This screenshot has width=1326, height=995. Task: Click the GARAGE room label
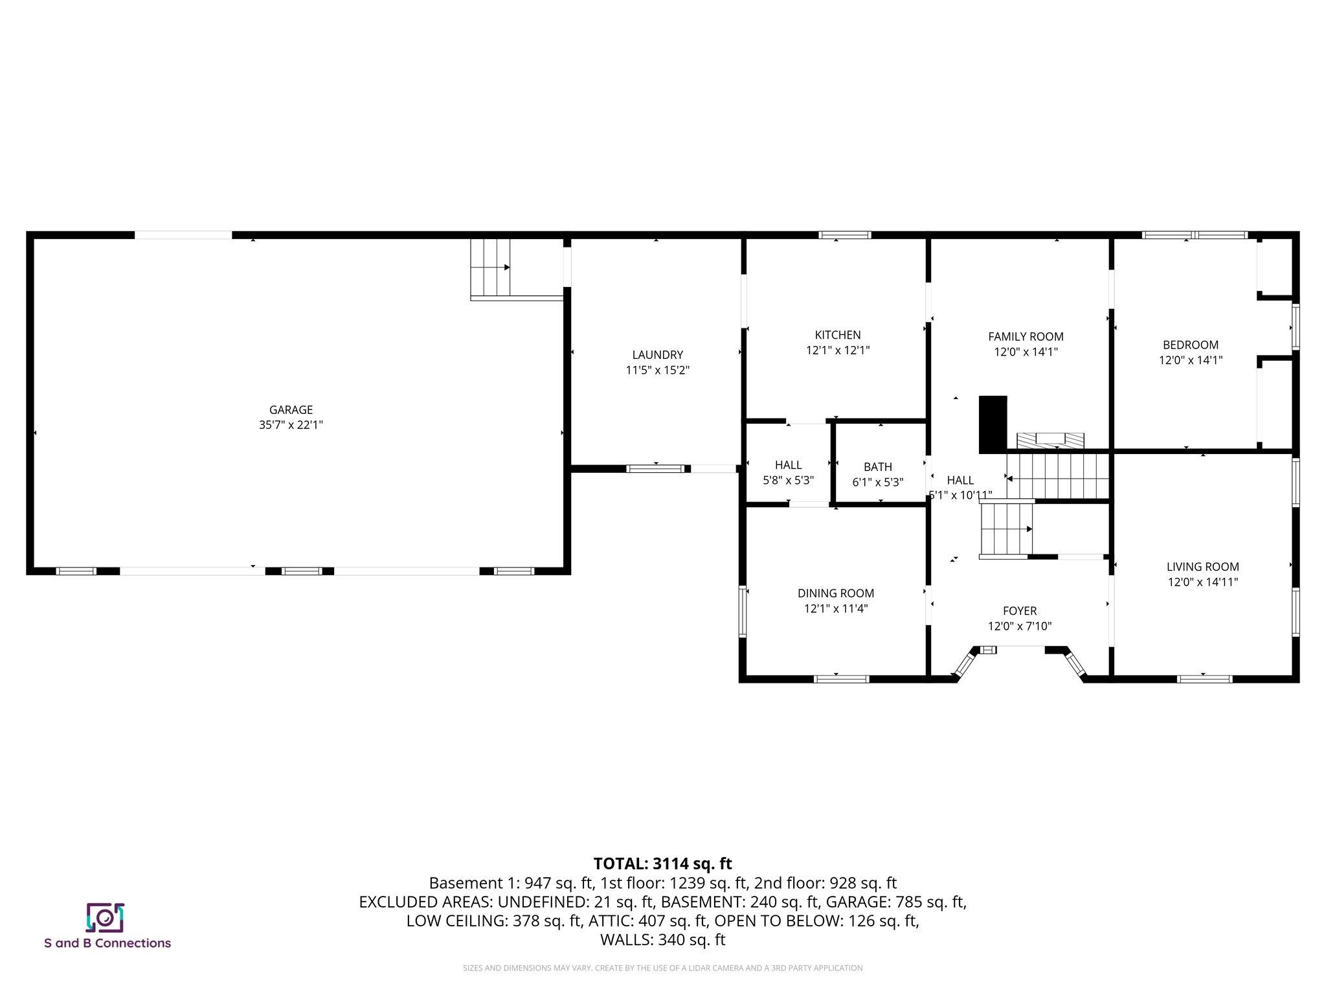(291, 410)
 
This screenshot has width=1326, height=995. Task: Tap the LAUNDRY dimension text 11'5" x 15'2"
(657, 371)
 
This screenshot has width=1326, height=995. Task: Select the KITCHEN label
(837, 335)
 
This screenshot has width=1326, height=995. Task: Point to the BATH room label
(877, 467)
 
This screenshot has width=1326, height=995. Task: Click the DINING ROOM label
(835, 593)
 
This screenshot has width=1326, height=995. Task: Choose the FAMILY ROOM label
(1026, 337)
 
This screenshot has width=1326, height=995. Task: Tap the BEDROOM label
(1190, 345)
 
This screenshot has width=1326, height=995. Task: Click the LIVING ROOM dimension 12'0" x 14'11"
(1202, 582)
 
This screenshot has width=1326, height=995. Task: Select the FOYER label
(1019, 611)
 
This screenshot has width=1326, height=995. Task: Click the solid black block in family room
(993, 424)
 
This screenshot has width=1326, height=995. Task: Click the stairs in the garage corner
(490, 268)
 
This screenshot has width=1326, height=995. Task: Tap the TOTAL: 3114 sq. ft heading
(662, 863)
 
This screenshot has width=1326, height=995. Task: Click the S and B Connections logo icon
(105, 917)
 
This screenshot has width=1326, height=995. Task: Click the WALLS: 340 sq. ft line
(662, 940)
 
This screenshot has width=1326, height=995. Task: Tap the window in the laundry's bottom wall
(655, 468)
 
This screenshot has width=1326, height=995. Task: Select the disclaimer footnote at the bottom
(662, 968)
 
